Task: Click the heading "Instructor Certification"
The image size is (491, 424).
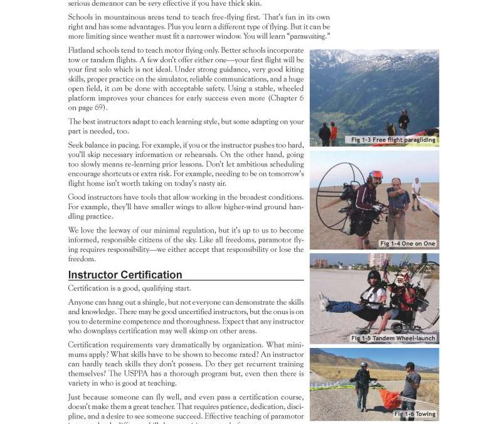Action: [x=125, y=275]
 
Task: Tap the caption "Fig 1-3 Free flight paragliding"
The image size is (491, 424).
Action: [x=393, y=139]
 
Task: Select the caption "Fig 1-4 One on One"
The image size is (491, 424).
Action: [x=407, y=243]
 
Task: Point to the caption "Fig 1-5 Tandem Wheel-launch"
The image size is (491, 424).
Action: [x=394, y=338]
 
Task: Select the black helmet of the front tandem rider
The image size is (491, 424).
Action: [x=374, y=276]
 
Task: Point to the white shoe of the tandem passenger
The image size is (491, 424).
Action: [x=324, y=302]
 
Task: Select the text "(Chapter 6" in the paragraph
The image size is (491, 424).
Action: [x=286, y=98]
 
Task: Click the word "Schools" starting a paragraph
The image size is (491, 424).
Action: [x=82, y=17]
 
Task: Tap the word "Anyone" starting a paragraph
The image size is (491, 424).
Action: [x=82, y=302]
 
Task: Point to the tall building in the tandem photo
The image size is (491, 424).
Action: [x=377, y=260]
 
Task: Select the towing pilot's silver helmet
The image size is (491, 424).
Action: [x=364, y=366]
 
